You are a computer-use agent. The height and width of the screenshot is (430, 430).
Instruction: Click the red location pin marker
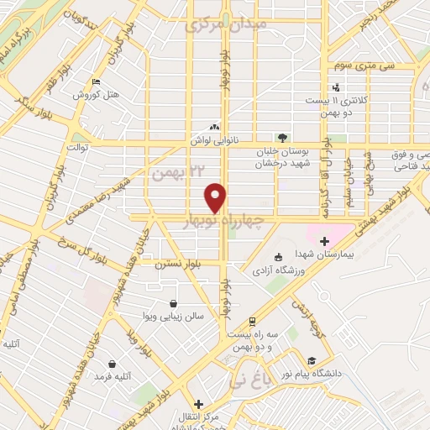tap(217, 197)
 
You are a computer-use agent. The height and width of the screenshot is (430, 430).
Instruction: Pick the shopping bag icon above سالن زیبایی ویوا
tap(173, 303)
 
